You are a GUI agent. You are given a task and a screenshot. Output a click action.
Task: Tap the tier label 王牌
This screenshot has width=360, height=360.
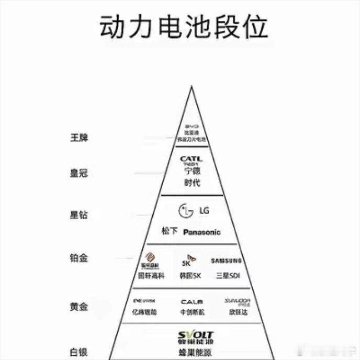pos(79,138)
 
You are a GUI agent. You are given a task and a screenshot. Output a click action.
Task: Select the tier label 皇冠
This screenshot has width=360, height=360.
pos(79,173)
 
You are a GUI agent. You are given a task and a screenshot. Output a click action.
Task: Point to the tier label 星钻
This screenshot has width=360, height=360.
pos(79,215)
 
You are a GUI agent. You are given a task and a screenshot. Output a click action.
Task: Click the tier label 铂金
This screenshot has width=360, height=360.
pos(79,258)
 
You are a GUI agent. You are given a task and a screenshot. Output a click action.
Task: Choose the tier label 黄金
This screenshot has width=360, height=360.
pos(79,307)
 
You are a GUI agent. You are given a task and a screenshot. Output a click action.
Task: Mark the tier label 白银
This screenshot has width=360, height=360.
pos(79,352)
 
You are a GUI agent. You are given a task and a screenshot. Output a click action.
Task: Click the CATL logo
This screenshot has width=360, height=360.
pos(191,159)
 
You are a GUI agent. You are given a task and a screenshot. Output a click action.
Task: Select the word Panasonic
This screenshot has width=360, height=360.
pos(202,232)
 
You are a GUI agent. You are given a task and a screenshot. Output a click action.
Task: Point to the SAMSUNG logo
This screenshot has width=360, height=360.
pos(226,261)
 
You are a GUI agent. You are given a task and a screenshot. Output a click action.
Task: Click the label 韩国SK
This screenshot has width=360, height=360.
pos(190,276)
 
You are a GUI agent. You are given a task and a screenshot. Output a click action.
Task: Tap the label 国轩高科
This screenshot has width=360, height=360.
pos(151,276)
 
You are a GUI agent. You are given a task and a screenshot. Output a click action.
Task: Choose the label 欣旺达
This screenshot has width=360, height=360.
pos(238,312)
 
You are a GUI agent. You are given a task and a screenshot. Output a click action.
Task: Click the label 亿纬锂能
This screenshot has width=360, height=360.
pos(144,312)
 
